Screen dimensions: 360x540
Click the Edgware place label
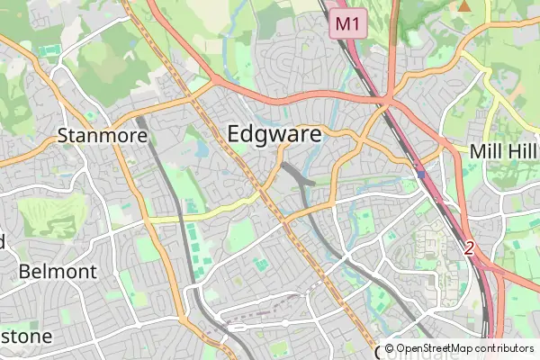click(x=274, y=134)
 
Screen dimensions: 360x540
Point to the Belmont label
click(x=57, y=271)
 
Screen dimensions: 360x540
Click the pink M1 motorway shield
click(x=349, y=23)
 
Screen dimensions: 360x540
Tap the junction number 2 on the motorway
click(x=468, y=248)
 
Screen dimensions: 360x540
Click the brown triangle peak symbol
click(x=464, y=5)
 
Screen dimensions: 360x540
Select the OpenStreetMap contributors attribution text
click(x=458, y=348)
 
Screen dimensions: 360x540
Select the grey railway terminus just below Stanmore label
click(x=140, y=121)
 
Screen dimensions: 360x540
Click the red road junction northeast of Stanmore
click(x=212, y=85)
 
